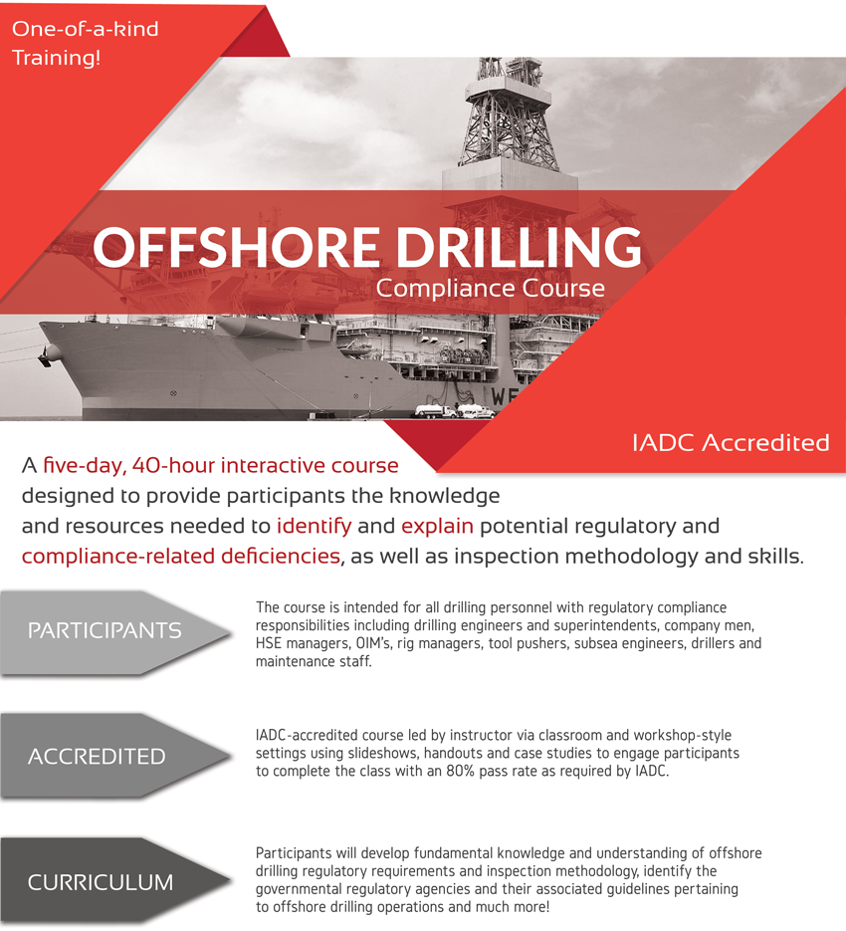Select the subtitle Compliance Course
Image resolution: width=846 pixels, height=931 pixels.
[x=490, y=289]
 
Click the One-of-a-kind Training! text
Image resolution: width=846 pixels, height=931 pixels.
[x=85, y=43]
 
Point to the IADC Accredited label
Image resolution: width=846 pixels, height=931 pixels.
[x=731, y=442]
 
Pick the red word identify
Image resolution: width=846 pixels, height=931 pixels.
[x=314, y=525]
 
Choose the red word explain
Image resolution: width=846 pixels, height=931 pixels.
[x=437, y=525]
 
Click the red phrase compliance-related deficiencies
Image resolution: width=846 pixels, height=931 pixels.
[x=180, y=556]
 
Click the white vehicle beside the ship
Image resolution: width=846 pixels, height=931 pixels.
[x=434, y=410]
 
